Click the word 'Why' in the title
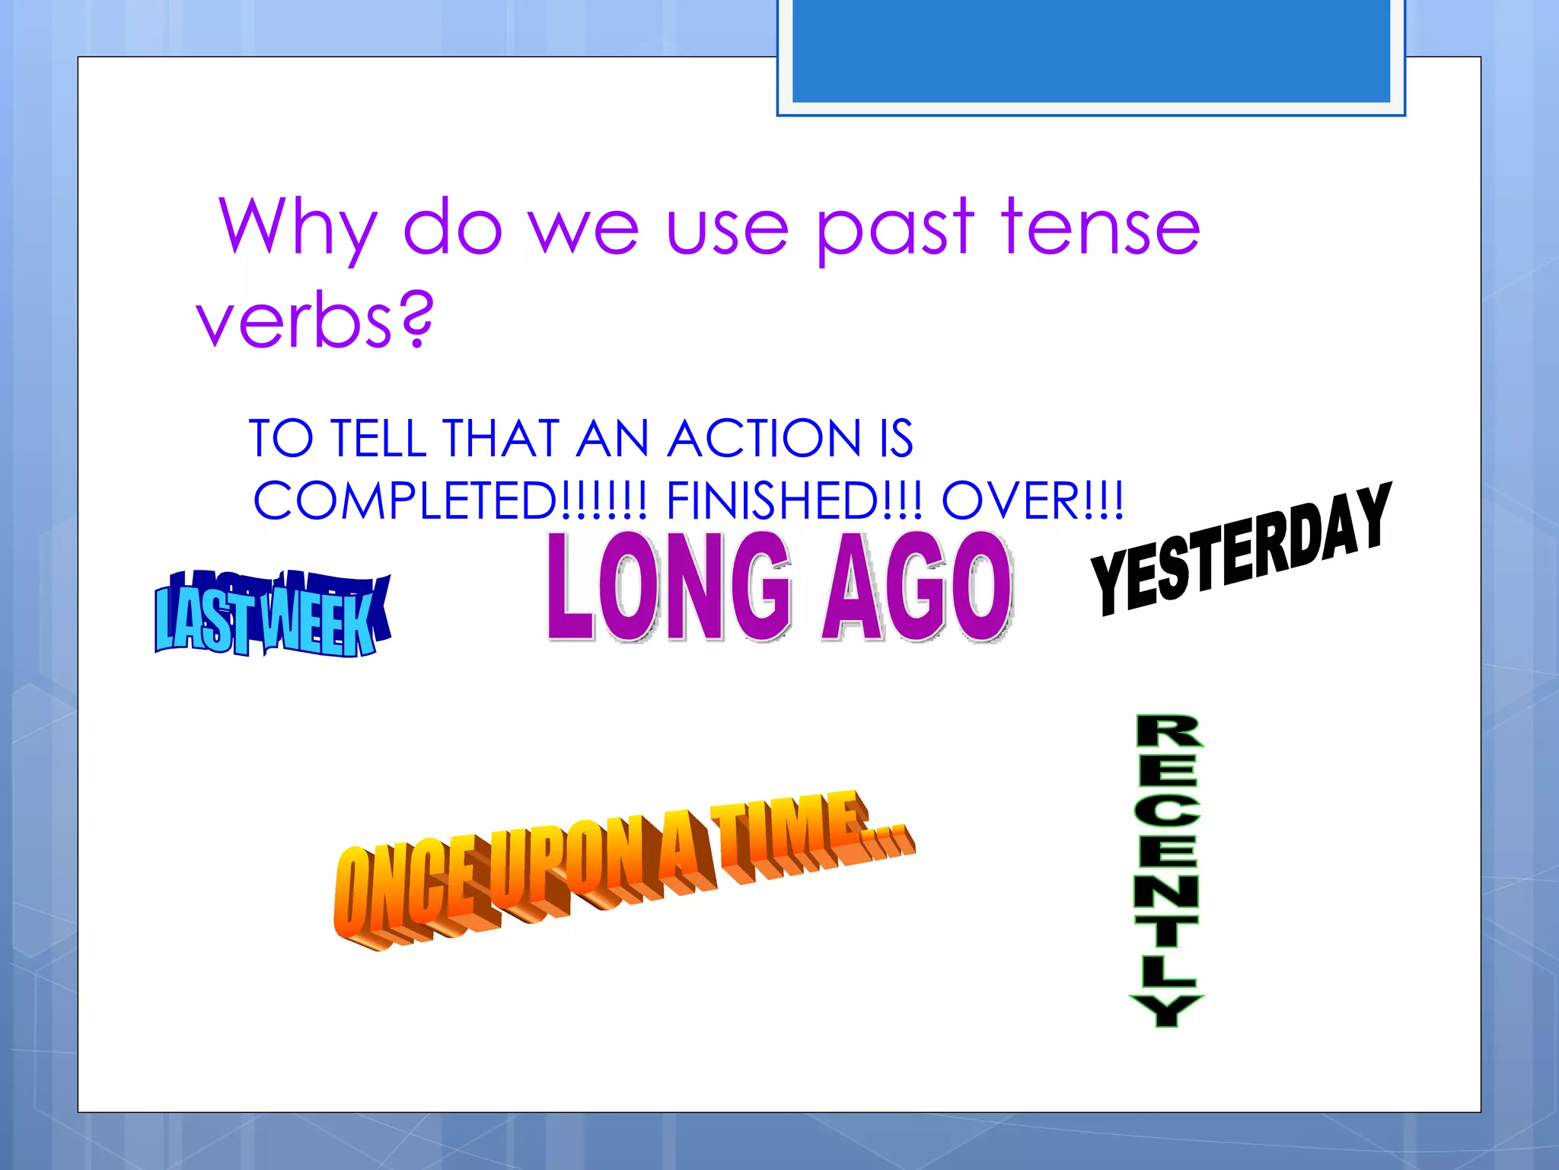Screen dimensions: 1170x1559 click(x=297, y=227)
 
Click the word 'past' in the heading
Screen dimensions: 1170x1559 click(x=894, y=227)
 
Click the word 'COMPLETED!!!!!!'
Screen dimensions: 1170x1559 click(x=450, y=501)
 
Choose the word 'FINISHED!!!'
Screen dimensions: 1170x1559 click(x=794, y=501)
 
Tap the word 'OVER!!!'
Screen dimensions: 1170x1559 click(x=1032, y=501)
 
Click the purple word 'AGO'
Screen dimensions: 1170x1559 click(x=917, y=587)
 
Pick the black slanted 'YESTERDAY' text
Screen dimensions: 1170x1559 click(x=1241, y=550)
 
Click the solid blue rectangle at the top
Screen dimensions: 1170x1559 click(x=1091, y=50)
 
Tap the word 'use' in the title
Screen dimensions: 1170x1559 click(x=727, y=227)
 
